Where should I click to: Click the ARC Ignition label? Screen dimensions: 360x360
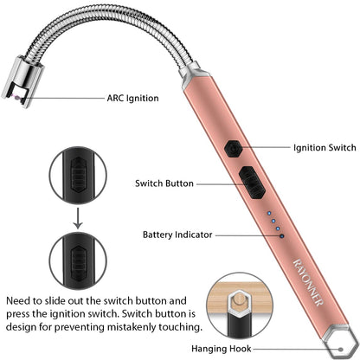click(132, 99)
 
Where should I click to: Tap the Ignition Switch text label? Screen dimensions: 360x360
click(325, 148)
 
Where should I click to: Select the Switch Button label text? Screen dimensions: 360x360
click(164, 183)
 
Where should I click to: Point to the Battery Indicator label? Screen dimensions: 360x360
click(177, 235)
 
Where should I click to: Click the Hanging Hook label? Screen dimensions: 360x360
click(222, 349)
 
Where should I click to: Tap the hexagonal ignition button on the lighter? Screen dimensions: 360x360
click(233, 149)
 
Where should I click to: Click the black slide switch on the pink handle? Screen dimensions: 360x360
click(252, 183)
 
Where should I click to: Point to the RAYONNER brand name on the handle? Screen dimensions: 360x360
click(308, 282)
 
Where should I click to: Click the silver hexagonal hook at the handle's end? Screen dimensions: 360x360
click(341, 343)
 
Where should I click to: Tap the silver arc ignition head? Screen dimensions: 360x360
click(22, 81)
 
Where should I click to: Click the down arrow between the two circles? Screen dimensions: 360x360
click(78, 218)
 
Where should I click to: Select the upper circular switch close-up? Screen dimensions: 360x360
click(78, 176)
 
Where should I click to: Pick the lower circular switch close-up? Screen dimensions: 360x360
click(78, 260)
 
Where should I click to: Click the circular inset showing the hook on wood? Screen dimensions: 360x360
click(240, 305)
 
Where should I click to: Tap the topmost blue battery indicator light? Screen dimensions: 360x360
click(269, 214)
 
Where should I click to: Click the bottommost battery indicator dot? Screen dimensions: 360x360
click(282, 236)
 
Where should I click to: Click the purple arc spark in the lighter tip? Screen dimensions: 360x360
click(18, 97)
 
